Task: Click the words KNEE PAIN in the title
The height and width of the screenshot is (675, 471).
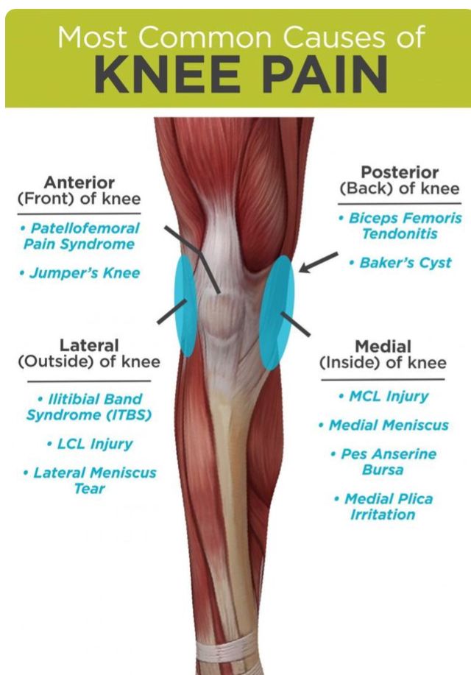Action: click(241, 74)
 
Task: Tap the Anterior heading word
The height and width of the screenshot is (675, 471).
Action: click(79, 183)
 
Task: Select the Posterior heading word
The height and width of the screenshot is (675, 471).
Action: click(400, 172)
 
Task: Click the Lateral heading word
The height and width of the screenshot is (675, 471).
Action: click(89, 345)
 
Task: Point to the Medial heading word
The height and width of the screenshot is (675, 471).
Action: click(383, 346)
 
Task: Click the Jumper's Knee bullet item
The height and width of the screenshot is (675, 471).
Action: click(79, 273)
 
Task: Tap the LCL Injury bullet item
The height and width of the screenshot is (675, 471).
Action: click(90, 444)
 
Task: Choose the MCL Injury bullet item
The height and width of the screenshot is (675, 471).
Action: click(384, 396)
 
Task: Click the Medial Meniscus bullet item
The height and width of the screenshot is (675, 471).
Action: click(383, 425)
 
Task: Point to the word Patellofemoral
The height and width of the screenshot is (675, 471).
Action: click(85, 228)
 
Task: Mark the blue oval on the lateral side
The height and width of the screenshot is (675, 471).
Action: click(185, 305)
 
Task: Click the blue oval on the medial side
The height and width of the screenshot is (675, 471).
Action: click(277, 313)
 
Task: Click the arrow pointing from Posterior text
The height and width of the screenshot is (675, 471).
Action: click(318, 262)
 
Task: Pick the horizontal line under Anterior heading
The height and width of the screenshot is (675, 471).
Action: click(79, 213)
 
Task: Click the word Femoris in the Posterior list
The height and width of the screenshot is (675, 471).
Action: click(435, 218)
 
